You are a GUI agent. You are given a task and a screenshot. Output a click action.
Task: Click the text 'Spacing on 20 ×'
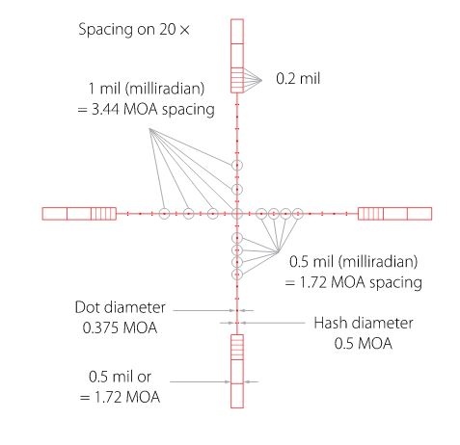tap(134, 30)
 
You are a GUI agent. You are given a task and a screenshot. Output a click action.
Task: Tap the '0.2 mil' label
tap(298, 79)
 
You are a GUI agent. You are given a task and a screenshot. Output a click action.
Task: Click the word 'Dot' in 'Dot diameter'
tap(86, 307)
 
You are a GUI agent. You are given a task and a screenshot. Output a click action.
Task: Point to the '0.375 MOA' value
tap(120, 327)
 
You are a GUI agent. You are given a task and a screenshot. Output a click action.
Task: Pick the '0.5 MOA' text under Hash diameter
tap(364, 343)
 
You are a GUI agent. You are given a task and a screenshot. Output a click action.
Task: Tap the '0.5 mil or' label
tap(120, 377)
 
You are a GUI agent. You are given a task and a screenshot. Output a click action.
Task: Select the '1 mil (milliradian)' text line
tap(147, 89)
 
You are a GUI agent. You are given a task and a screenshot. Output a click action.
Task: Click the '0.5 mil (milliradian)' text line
tap(354, 262)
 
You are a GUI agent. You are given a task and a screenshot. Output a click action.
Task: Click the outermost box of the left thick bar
tap(42, 214)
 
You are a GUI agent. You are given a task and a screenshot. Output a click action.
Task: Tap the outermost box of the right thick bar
tap(431, 214)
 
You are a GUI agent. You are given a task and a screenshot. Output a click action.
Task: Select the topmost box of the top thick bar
tap(237, 19)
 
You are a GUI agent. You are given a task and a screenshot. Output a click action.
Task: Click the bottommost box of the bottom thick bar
tap(237, 407)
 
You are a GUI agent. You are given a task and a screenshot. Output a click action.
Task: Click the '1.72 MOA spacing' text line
tap(354, 282)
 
